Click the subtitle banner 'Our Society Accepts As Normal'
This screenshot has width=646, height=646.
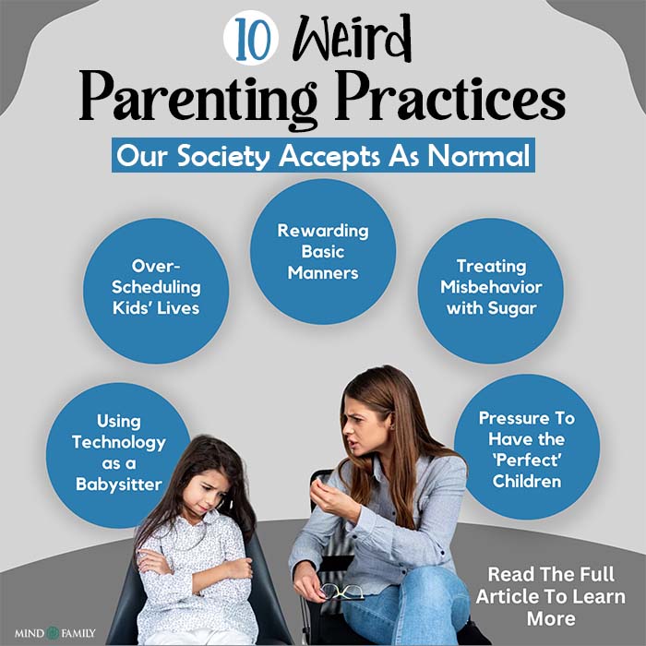[323, 155]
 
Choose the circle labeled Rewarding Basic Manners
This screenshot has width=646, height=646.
[323, 251]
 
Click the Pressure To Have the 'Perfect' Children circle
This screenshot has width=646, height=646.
[527, 449]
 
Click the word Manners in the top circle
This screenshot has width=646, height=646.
[323, 272]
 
